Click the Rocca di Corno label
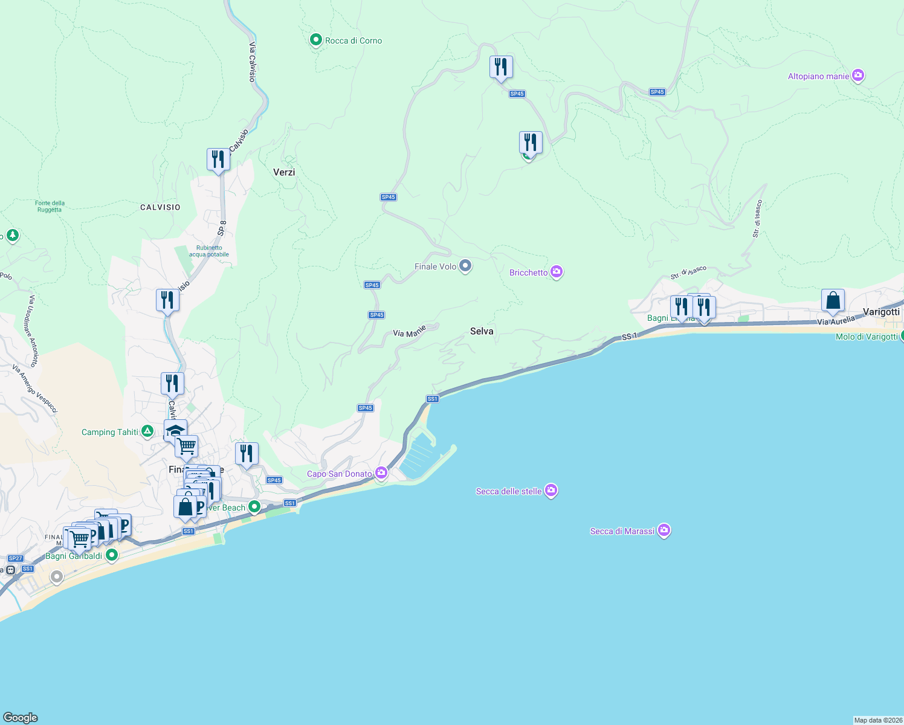click(x=354, y=40)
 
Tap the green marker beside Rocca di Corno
click(x=315, y=40)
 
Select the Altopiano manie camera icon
click(x=858, y=76)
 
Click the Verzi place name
click(x=284, y=172)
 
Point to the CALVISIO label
click(x=160, y=207)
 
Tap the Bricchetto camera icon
click(x=557, y=272)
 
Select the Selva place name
click(x=482, y=331)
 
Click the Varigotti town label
click(x=881, y=312)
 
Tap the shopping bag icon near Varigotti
click(x=833, y=300)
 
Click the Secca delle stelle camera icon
click(x=550, y=491)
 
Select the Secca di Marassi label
click(x=622, y=531)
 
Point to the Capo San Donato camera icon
click(x=381, y=472)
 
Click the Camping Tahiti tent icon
click(x=147, y=431)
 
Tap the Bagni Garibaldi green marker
click(x=111, y=555)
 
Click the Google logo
click(x=21, y=717)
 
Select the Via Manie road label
click(x=409, y=332)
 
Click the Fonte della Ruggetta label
click(x=50, y=207)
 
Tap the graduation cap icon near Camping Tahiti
click(x=175, y=430)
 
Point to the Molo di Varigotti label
click(x=866, y=337)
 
